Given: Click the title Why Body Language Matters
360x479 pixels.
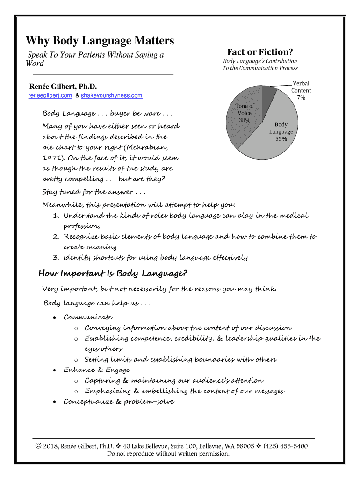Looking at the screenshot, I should pyautogui.click(x=100, y=41).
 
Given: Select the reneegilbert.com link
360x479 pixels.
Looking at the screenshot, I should pyautogui.click(x=50, y=96).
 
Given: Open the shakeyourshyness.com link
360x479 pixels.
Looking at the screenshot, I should pyautogui.click(x=111, y=96).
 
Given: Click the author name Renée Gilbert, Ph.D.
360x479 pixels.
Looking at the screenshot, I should pyautogui.click(x=63, y=87).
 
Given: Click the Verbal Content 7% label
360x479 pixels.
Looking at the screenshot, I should pyautogui.click(x=301, y=90).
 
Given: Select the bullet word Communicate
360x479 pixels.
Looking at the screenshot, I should pyautogui.click(x=88, y=317).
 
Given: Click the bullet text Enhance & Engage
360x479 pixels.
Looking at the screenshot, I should pyautogui.click(x=97, y=370).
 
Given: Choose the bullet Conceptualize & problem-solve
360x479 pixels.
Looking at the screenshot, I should pyautogui.click(x=119, y=402).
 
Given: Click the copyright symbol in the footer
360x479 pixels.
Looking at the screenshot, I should pyautogui.click(x=39, y=446).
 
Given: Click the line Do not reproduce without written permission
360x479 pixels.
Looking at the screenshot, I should pyautogui.click(x=168, y=454).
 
